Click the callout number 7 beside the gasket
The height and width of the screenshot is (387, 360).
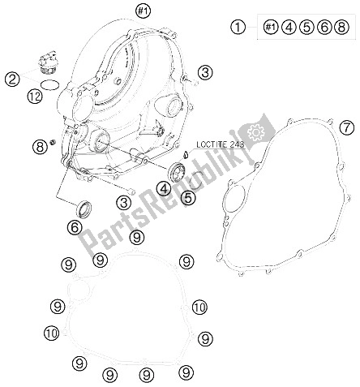coord(347,127)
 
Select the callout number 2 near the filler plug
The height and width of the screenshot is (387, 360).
coord(13,79)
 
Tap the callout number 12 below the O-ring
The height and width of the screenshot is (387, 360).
coord(35,96)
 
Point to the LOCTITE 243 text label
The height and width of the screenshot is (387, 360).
coord(220,144)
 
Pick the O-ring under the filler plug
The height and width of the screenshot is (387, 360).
coord(50,84)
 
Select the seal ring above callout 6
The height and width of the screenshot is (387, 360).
coord(84,209)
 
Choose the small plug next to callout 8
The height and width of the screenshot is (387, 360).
coord(53,142)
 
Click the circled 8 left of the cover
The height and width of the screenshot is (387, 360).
coord(40,147)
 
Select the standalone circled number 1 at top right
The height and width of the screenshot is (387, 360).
coord(238,27)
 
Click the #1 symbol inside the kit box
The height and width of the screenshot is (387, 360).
coord(271,27)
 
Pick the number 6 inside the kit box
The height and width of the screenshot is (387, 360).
coord(324,27)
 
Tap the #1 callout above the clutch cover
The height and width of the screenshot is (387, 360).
coord(144,11)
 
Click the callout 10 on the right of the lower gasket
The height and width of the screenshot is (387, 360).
coord(199,307)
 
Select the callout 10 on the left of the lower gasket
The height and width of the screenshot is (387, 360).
coord(51,333)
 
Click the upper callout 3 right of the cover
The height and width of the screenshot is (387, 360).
coord(205,72)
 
